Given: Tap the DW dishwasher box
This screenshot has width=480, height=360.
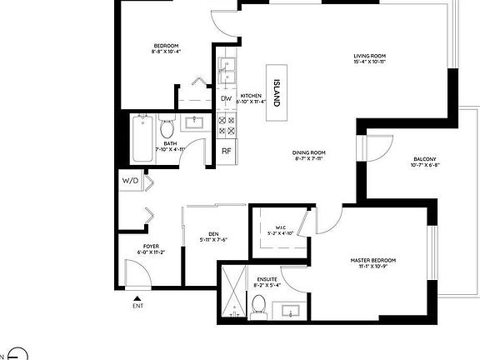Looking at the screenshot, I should point(226,99).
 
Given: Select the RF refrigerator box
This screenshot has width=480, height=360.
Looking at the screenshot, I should point(226,151).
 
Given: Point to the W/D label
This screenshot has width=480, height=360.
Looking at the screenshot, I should point(131,180).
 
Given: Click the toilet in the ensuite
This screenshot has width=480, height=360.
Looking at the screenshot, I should point(259,305).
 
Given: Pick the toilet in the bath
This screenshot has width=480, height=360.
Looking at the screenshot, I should point(166,129).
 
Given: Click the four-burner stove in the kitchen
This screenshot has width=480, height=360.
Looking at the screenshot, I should point(227,125).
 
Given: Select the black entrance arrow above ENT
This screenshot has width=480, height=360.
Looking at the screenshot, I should point(137,294).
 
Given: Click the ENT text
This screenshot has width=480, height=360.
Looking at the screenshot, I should point(137,305).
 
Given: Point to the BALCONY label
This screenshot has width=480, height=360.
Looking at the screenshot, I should point(424,159).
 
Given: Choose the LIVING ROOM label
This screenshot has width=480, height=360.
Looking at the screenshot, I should point(369,57).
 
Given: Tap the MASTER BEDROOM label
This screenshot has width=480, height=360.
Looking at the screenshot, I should point(372,261).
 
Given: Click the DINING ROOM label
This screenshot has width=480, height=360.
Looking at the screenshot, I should point(308,152).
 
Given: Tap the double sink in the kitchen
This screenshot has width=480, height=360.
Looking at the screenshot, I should point(227,72).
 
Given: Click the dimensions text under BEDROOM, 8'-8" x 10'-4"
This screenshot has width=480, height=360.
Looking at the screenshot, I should point(166,52).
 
